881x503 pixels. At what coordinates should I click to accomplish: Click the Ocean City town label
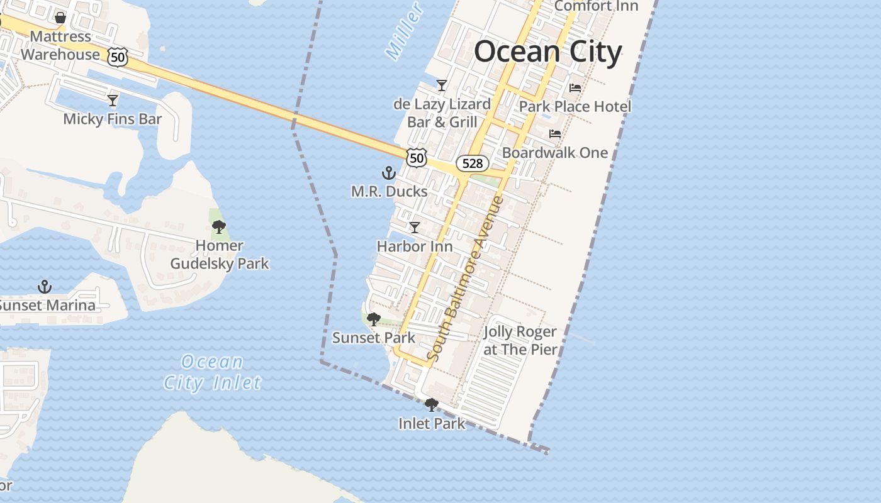click(x=547, y=52)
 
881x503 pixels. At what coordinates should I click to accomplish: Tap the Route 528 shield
click(x=472, y=163)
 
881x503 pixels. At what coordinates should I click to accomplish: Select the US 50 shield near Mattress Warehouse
click(x=118, y=57)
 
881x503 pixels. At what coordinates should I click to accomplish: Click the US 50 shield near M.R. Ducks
click(x=417, y=157)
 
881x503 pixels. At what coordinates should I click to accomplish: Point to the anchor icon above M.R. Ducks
click(x=389, y=173)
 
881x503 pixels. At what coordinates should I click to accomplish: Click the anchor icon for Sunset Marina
click(x=45, y=287)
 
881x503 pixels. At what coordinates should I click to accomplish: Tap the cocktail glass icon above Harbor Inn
click(x=415, y=228)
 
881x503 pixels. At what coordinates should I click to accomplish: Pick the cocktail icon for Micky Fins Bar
click(x=113, y=101)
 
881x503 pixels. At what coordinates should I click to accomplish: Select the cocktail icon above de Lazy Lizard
click(x=442, y=86)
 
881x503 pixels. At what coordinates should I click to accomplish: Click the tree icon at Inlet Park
click(x=432, y=405)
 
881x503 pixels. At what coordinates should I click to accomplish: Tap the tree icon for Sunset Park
click(x=374, y=319)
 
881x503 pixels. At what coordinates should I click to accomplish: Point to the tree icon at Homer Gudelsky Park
click(x=219, y=227)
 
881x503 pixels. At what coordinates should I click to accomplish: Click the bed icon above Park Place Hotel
click(x=575, y=88)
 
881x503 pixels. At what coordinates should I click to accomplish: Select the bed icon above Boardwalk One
click(x=555, y=134)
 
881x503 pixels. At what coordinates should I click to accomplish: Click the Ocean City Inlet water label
click(x=212, y=372)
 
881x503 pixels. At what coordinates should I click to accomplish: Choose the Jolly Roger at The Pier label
click(x=520, y=340)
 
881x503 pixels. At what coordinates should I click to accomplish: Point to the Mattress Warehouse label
click(x=60, y=45)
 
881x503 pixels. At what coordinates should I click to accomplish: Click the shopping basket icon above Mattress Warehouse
click(x=60, y=18)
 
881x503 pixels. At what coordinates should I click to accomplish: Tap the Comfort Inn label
click(x=596, y=6)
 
